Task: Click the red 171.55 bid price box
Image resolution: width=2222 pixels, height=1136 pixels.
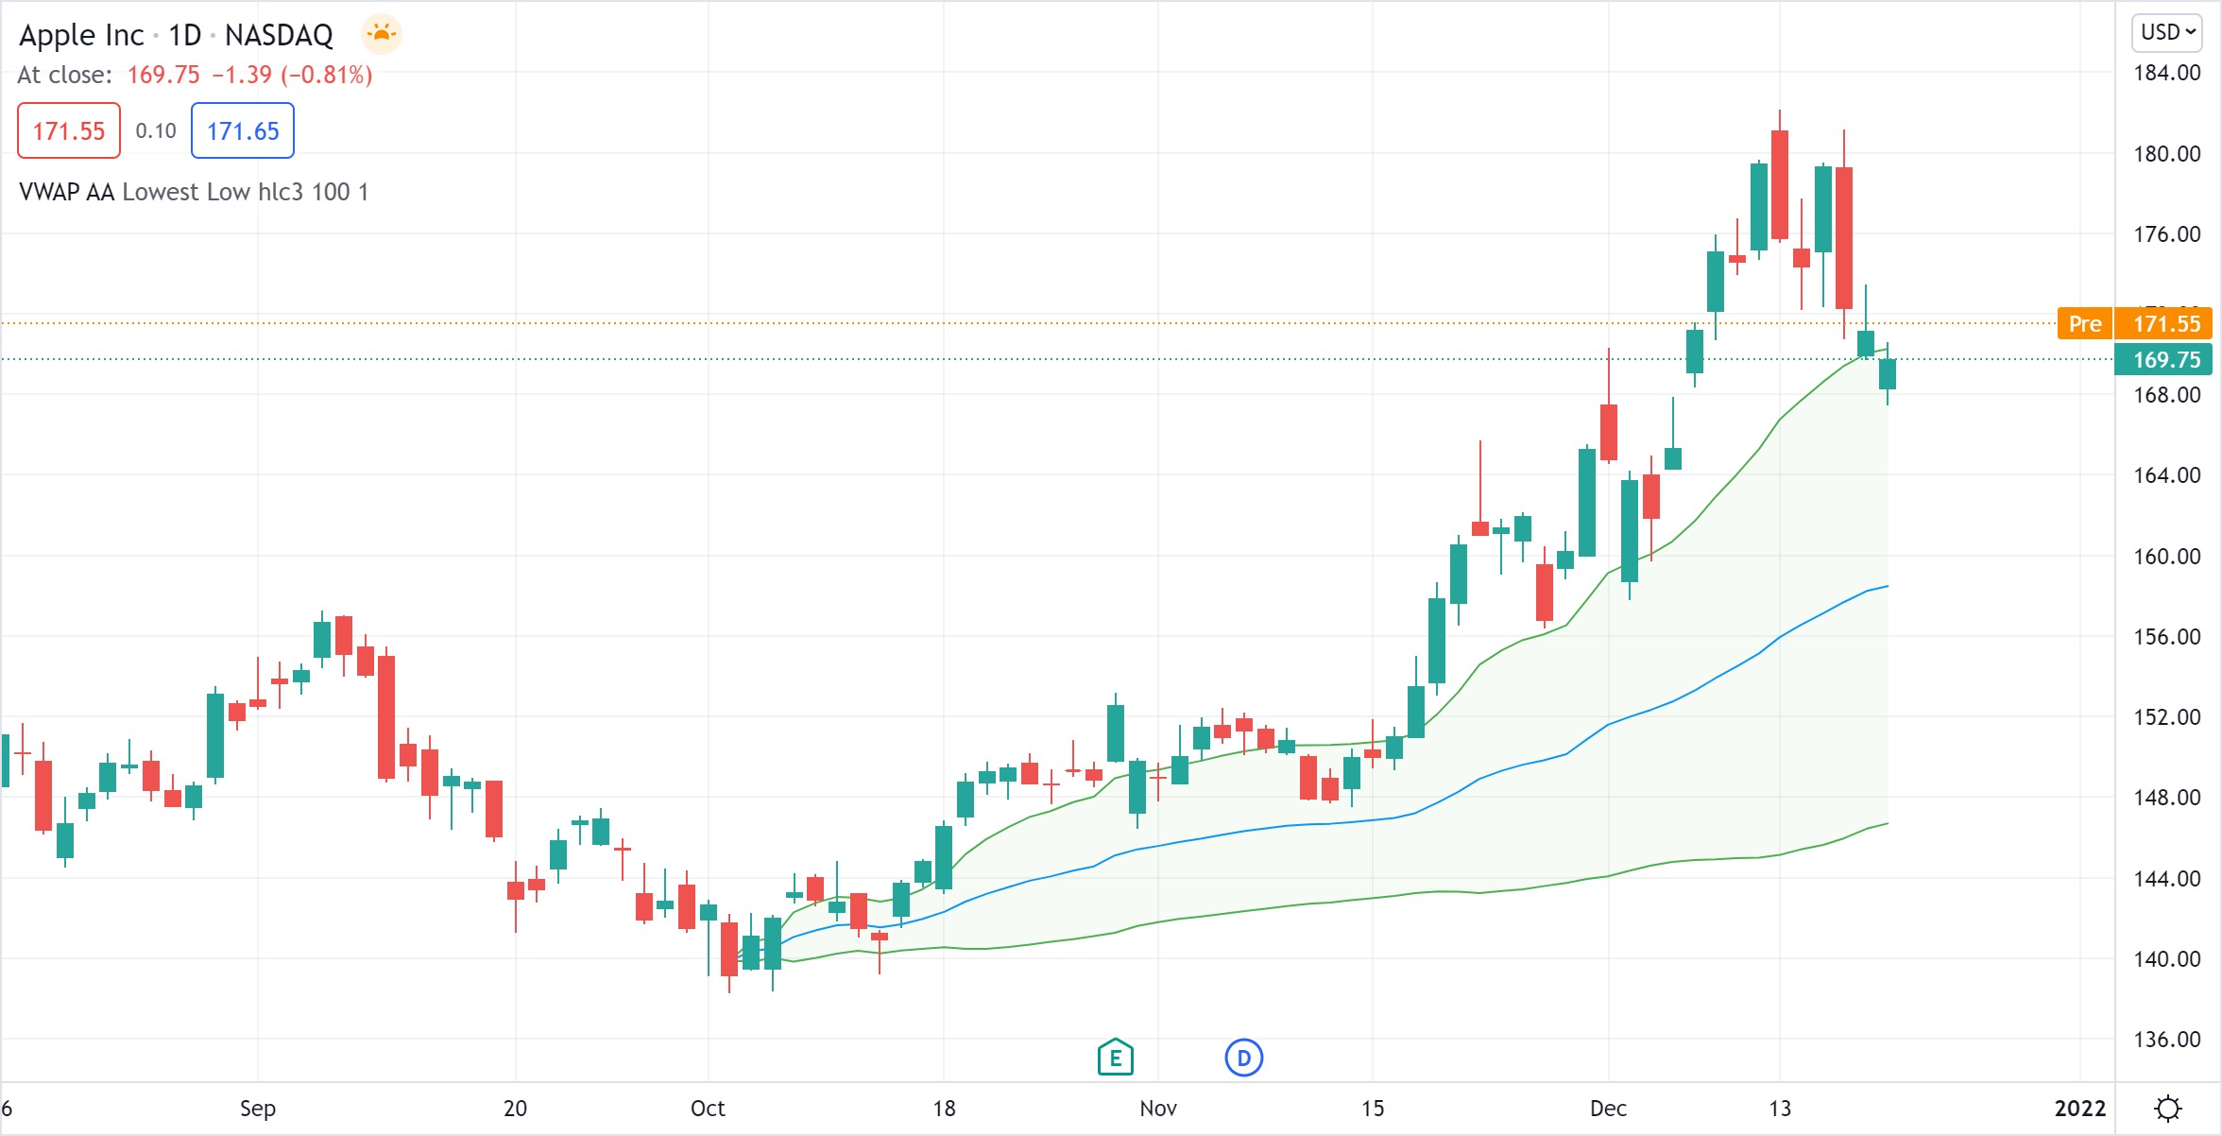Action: tap(69, 130)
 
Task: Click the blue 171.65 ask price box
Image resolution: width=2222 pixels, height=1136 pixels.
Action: tap(243, 130)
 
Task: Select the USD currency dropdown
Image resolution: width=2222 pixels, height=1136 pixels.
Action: tap(2167, 32)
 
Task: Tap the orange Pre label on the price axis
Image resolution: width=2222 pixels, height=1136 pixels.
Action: tap(2084, 324)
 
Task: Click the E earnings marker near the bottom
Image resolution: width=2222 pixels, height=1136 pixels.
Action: tap(1116, 1058)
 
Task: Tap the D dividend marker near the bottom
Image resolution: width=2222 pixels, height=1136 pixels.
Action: tap(1243, 1058)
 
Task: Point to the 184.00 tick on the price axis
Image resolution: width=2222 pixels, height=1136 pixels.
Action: tap(2167, 73)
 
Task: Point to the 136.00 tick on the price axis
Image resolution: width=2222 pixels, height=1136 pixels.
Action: tap(2167, 1040)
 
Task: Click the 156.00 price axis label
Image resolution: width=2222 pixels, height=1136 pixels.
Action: tap(2167, 637)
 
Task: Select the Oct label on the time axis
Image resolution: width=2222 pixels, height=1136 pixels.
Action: tap(708, 1109)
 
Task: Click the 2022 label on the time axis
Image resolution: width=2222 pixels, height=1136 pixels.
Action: tap(2080, 1109)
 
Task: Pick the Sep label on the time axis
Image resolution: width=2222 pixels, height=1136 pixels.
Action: tap(257, 1109)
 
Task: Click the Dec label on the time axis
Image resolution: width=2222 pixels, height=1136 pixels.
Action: tap(1608, 1109)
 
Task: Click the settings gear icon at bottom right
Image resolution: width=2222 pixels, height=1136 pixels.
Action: tap(2168, 1108)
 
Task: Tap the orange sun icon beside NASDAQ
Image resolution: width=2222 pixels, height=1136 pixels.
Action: tap(382, 35)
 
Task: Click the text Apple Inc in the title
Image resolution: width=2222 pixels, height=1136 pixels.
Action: tap(81, 35)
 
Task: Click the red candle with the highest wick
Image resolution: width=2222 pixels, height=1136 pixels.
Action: tap(1780, 184)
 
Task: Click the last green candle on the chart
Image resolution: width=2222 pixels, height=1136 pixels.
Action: tap(1888, 374)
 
